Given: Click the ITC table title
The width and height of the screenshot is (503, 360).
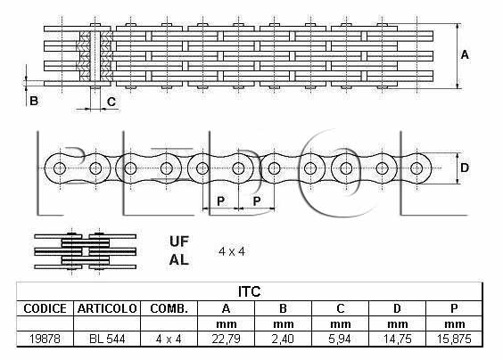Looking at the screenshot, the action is coord(249,291).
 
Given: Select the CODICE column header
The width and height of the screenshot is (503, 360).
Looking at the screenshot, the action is coord(45,308).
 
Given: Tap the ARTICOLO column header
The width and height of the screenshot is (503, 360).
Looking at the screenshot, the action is coord(107,308).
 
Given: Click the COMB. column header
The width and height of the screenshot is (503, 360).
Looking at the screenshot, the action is coord(169,308).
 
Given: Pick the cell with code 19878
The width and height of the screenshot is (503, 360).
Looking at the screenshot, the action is coord(45,339).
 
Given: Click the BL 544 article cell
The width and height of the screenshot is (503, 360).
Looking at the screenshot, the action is coord(107,339).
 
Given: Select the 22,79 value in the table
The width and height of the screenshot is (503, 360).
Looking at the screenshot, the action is coord(226,339).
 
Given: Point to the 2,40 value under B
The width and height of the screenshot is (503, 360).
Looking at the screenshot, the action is coord(283,339).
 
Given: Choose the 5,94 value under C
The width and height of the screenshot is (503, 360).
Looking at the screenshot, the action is coord(340,339).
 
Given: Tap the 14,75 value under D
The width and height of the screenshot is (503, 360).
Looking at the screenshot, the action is coord(397,339).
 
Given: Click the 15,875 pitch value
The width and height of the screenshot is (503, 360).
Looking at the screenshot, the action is coord(454,339).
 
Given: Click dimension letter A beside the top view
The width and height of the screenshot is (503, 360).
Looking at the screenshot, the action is coord(465,55).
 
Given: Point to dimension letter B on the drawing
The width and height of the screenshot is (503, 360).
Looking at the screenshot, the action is coord(34,101).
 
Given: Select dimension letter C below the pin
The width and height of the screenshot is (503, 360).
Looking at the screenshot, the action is coord(111,102).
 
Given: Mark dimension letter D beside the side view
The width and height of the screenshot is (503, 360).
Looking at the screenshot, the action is coord(465,168).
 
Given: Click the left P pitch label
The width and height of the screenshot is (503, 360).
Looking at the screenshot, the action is coord(220,201).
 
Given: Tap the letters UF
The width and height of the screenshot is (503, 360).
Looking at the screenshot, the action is coord(179,241).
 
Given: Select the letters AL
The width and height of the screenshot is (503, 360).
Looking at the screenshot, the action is coord(179,259).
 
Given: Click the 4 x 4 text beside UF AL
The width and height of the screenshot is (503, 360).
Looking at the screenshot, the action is coord(232,251).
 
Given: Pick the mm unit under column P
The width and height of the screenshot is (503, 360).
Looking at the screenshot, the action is coord(454,324).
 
